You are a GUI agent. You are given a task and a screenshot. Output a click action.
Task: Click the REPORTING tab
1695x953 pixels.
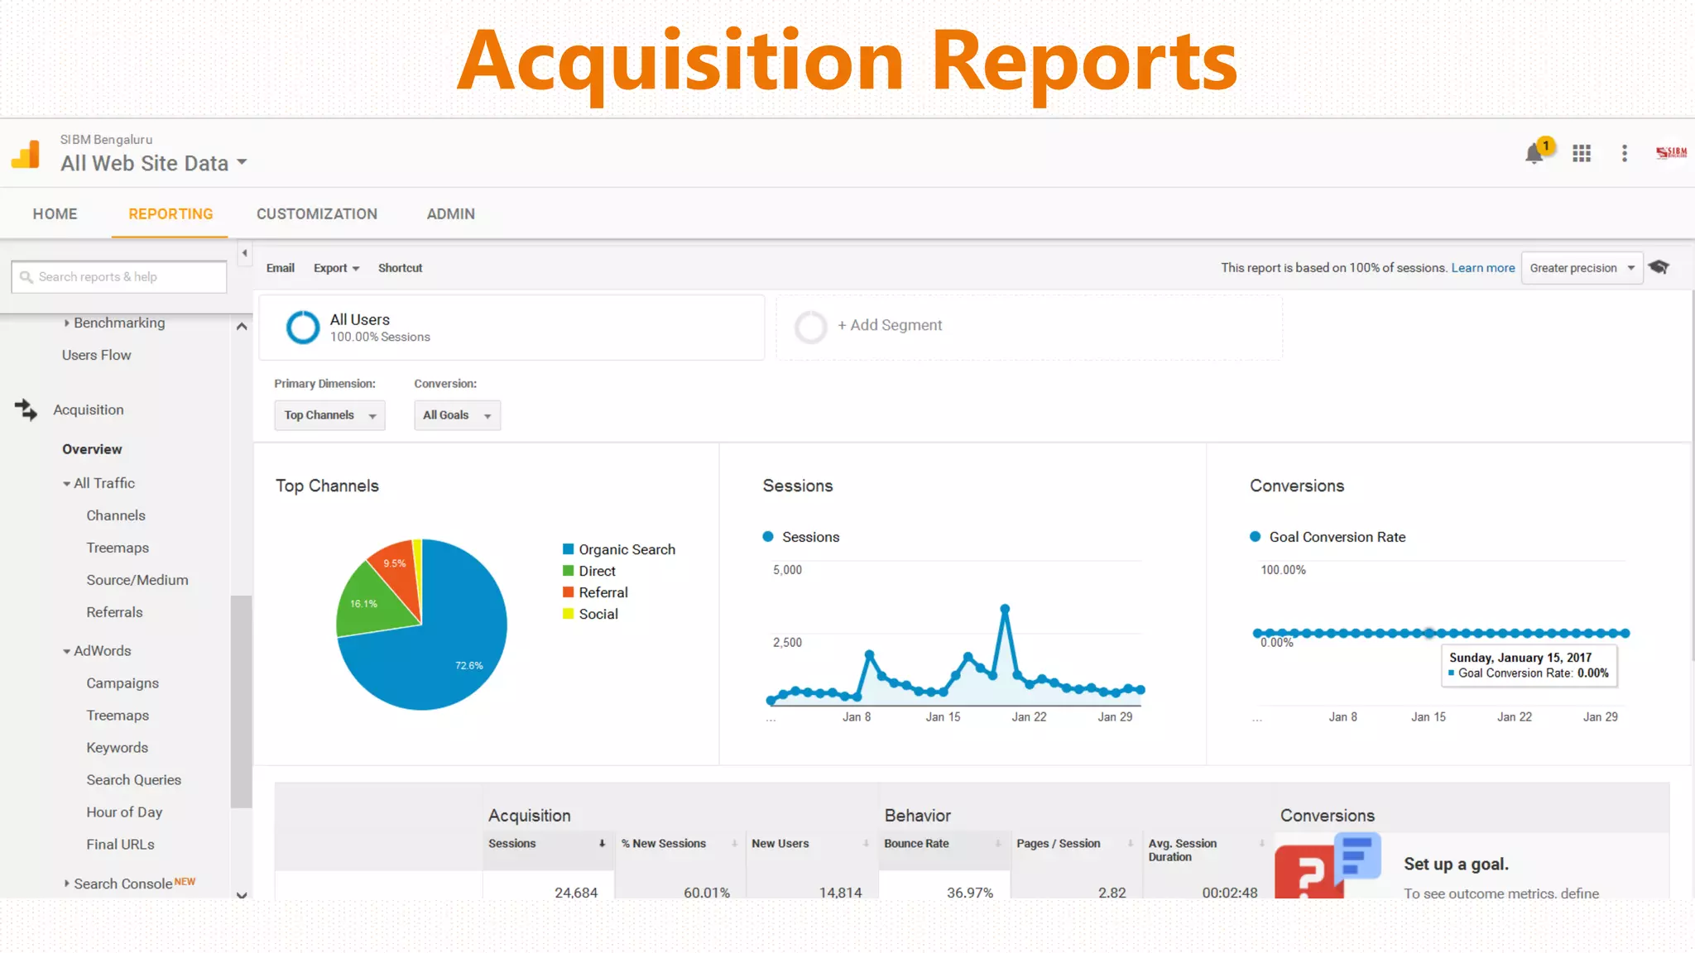[x=170, y=214]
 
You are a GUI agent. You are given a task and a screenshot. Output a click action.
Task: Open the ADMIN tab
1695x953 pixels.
[x=450, y=214]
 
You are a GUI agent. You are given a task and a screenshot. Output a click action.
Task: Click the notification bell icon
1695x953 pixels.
[x=1534, y=154]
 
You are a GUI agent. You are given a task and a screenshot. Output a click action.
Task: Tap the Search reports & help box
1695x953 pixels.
[x=119, y=277]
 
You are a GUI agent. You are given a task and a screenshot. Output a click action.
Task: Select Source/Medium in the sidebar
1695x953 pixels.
[x=137, y=580]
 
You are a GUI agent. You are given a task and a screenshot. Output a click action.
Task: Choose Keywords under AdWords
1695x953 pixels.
[x=118, y=748]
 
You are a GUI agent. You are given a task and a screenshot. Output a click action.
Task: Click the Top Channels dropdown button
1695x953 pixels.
[x=329, y=415]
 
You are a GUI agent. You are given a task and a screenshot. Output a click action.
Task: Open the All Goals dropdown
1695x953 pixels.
[x=457, y=415]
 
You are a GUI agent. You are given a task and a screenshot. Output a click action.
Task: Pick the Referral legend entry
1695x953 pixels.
[x=603, y=592]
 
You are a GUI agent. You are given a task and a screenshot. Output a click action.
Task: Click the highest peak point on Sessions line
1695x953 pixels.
[x=1005, y=609]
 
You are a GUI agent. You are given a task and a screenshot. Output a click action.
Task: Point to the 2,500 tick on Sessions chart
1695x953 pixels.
[x=787, y=643]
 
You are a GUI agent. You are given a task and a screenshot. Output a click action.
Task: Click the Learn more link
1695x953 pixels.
[x=1482, y=268]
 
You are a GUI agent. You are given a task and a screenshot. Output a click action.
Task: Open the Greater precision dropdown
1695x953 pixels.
[x=1582, y=268]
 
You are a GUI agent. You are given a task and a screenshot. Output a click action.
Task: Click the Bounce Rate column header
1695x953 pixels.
[x=916, y=844]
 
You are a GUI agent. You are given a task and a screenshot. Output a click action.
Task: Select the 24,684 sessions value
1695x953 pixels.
[x=576, y=893]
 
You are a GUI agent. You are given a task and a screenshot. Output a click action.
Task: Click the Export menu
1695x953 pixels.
[x=336, y=268]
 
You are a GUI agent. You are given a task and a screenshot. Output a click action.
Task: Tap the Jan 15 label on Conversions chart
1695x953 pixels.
[x=1429, y=717]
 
